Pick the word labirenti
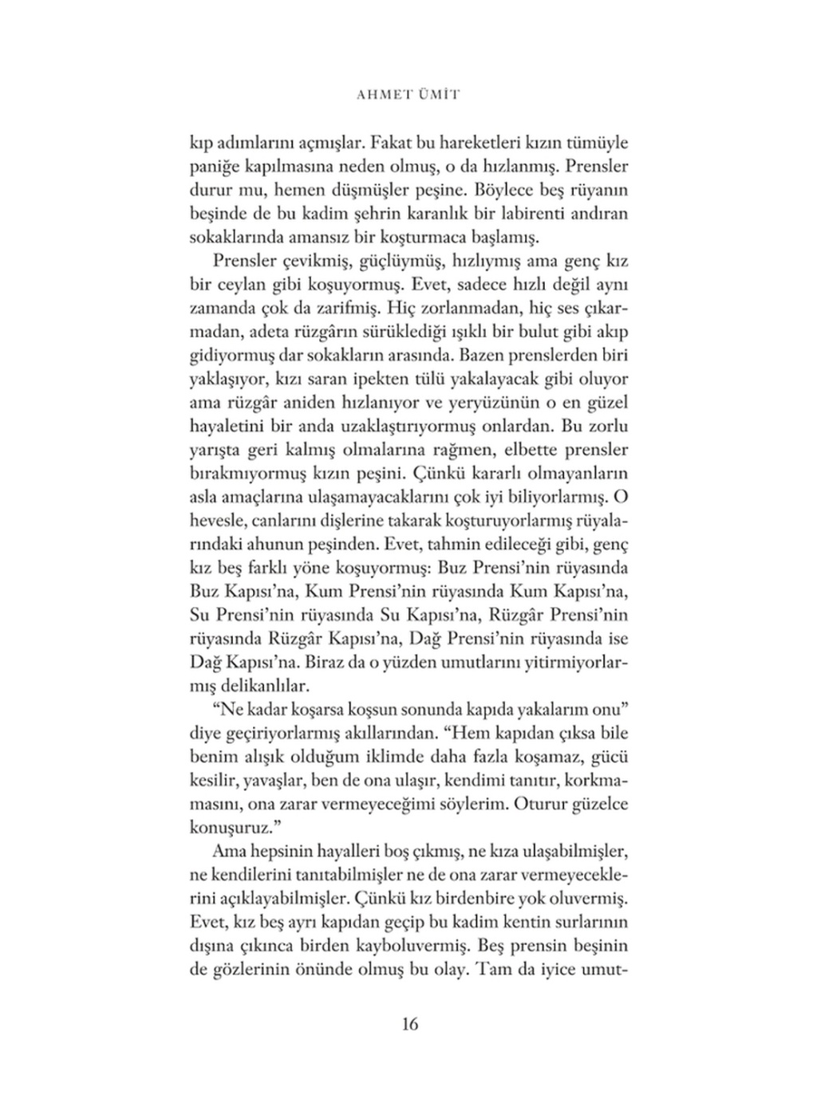tap(515, 214)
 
